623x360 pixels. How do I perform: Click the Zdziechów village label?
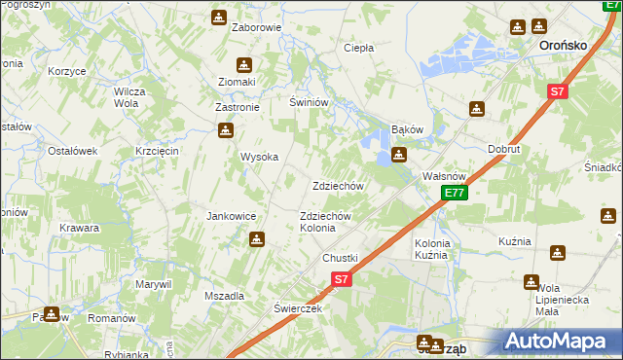(338, 186)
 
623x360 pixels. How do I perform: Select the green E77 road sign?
(454, 194)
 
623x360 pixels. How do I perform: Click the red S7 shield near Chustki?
(340, 279)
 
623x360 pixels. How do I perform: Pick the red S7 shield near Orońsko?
(556, 92)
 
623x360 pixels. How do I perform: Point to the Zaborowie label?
(256, 27)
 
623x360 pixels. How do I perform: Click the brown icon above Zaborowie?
(219, 17)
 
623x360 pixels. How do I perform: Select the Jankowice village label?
(231, 216)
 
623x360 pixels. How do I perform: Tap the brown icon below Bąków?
(398, 155)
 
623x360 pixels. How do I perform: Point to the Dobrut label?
(504, 149)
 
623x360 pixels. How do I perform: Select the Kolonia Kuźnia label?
(432, 248)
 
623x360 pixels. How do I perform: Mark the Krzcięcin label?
(157, 151)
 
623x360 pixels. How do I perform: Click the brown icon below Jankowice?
(257, 238)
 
